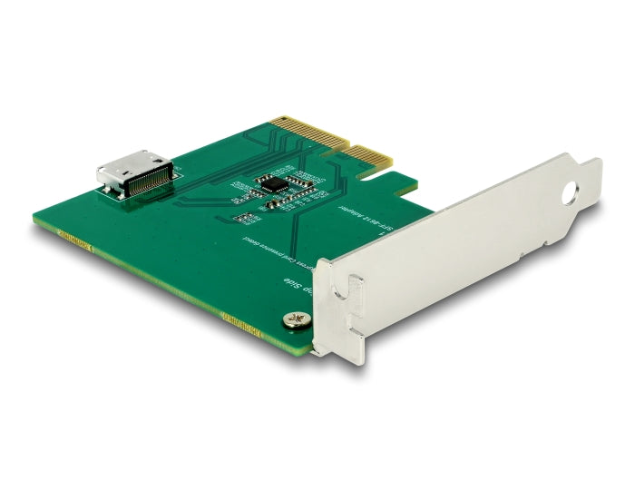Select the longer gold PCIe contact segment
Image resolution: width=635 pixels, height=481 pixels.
[311, 136]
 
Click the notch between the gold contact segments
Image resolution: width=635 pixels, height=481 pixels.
[347, 145]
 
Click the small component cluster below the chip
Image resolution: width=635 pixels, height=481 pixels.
[245, 218]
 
